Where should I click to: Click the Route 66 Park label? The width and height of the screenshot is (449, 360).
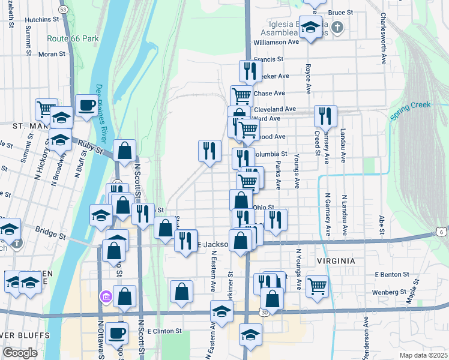click(73, 38)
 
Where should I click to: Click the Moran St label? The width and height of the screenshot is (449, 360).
click(52, 54)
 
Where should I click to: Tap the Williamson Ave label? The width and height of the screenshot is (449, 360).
click(276, 43)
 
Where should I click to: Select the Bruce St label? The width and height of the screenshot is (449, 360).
click(340, 12)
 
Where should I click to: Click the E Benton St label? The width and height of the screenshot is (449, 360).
click(391, 274)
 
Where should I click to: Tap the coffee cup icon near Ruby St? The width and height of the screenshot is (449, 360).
click(86, 106)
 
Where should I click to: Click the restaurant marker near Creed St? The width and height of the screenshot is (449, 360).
click(325, 115)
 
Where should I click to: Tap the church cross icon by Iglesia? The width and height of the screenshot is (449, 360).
click(337, 27)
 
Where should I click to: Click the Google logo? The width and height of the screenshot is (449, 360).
click(20, 353)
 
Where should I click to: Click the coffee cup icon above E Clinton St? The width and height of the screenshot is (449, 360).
click(118, 332)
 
